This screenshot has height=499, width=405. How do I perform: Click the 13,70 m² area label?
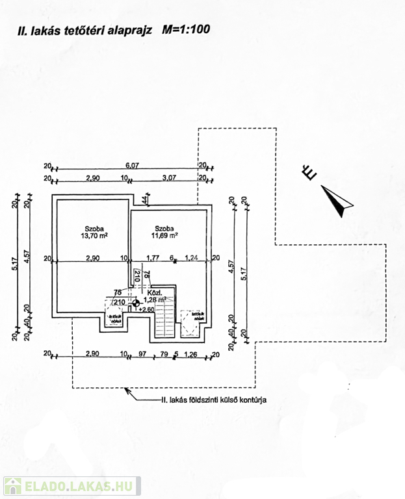click(96, 237)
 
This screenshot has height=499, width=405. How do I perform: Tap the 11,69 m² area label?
click(166, 237)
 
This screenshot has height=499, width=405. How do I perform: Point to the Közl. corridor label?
click(155, 292)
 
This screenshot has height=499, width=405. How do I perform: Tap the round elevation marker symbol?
click(135, 302)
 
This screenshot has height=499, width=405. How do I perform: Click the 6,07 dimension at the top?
click(132, 165)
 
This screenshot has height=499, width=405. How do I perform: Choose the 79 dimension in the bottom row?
click(164, 354)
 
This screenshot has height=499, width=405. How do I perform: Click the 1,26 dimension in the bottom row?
click(190, 354)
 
